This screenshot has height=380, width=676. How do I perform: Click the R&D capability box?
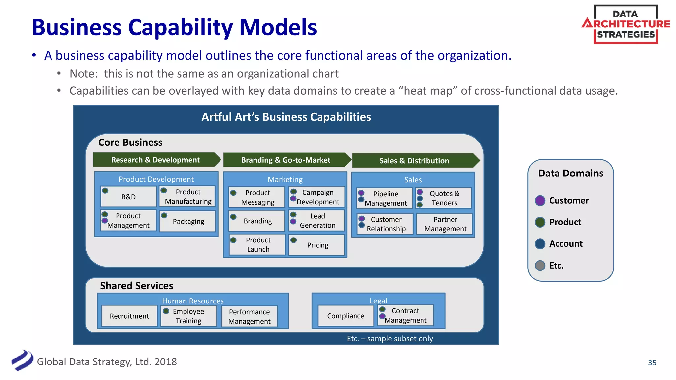(128, 197)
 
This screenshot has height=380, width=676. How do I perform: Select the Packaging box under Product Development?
(188, 221)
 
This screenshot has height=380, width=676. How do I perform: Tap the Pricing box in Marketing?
(317, 245)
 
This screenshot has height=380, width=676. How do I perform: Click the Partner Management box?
(445, 224)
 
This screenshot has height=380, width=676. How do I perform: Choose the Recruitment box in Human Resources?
(129, 316)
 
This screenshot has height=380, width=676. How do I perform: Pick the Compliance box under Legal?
(346, 316)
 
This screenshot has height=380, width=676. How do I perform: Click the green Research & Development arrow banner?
(155, 160)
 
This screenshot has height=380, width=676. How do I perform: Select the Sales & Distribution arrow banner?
(414, 161)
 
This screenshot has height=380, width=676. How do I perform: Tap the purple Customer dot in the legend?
(540, 200)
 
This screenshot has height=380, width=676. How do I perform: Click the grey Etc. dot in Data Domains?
(540, 265)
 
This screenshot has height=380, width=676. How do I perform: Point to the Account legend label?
(566, 244)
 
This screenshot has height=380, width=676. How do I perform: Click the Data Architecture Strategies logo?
(626, 24)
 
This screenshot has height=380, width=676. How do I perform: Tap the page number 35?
(652, 363)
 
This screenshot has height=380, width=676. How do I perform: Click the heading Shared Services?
(136, 286)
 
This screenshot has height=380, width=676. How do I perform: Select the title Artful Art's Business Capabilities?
(286, 117)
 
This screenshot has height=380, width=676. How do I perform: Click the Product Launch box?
(258, 245)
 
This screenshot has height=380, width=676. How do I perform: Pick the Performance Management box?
(249, 316)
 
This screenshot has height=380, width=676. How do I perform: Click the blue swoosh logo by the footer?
(22, 361)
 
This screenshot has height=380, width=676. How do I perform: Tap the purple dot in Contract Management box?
(382, 316)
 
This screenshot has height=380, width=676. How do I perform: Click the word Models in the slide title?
(278, 27)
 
